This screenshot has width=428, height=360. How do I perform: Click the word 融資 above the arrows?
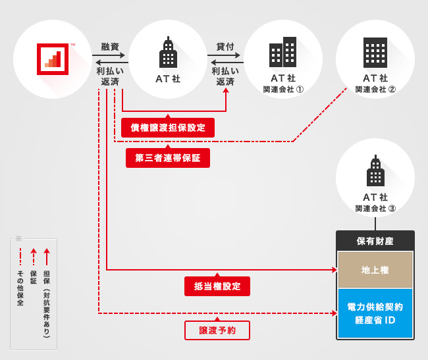[x=110, y=47]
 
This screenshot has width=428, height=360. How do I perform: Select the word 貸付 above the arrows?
[x=225, y=47]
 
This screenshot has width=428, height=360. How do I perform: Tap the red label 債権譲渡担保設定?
[x=168, y=128]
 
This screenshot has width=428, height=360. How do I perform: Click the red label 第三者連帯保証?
[x=168, y=158]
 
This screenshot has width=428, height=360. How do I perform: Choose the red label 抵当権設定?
[x=217, y=286]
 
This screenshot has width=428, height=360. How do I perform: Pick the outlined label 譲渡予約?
[x=217, y=330]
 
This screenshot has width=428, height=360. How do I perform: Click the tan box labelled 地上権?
[x=375, y=270]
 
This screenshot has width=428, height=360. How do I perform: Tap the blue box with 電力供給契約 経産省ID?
[x=375, y=313]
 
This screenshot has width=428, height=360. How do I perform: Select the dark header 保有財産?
[x=375, y=241]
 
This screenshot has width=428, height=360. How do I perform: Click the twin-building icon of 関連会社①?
[x=283, y=53]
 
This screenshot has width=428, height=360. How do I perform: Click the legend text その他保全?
[x=20, y=288]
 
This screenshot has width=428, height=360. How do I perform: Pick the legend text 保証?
[x=34, y=276]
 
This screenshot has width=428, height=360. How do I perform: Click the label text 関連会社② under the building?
[x=375, y=90]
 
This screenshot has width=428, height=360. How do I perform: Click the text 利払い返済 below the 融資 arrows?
[x=110, y=76]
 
